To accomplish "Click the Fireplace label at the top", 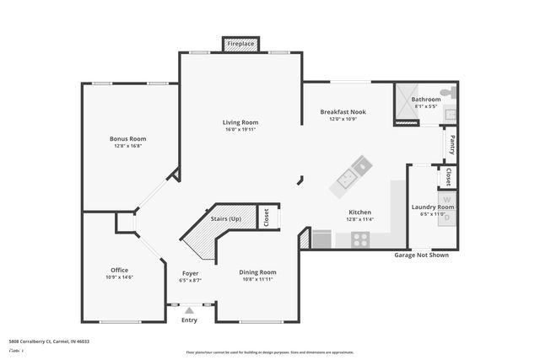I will point(240,44).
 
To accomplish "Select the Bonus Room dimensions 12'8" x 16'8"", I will point(127,146).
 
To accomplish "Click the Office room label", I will point(119,270).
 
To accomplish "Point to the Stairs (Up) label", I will point(225,219).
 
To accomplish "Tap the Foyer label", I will point(191,273).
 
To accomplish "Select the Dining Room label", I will point(257,272).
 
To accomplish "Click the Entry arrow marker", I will point(189,311).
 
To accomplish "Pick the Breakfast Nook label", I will point(342,112).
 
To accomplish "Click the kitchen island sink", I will point(347,178).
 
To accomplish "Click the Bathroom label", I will point(426,99).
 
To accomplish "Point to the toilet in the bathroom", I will point(452,91).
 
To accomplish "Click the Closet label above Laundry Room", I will point(449,177).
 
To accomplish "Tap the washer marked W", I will point(448,201).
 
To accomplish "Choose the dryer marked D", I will point(448,218).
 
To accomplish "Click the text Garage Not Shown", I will point(422,255).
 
